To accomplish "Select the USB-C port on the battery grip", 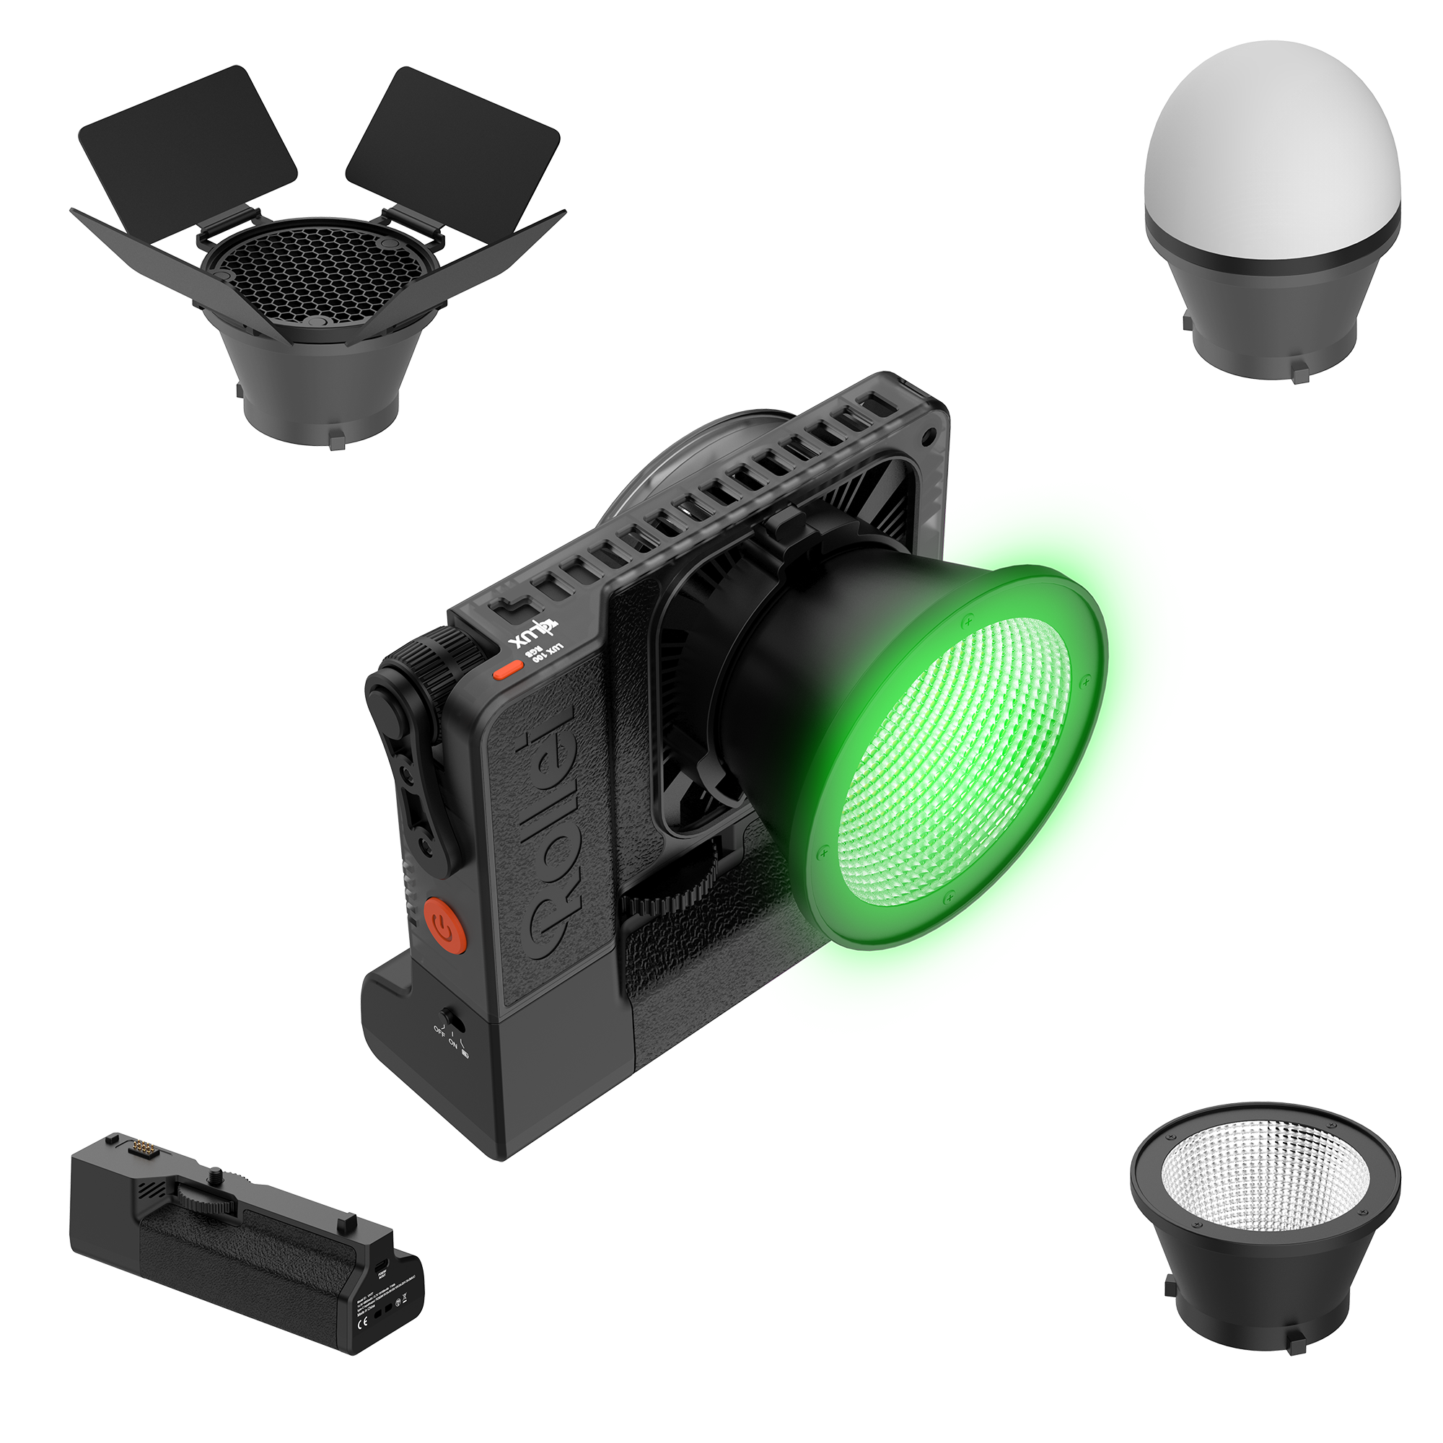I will coord(382,1266).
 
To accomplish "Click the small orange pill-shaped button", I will coord(508,670).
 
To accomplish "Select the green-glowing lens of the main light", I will coord(956,762).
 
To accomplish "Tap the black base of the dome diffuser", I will coord(1272,314).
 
